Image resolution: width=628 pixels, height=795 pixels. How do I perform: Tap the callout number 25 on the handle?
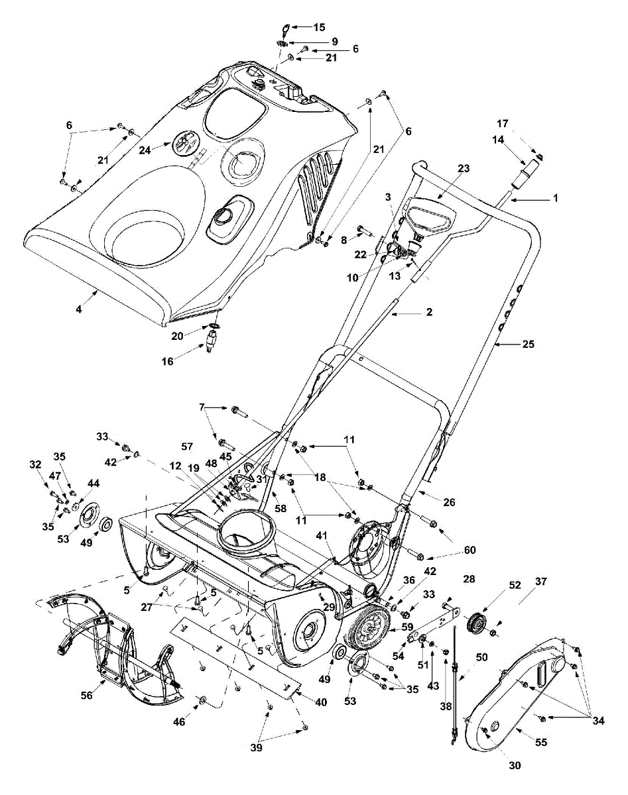pos(528,344)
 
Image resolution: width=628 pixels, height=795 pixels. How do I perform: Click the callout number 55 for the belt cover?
pos(541,743)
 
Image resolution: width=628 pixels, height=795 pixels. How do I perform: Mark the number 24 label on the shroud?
pos(145,150)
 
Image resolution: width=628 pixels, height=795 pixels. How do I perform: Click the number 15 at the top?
pos(319,27)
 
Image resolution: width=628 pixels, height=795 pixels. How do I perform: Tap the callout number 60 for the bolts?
pos(470,550)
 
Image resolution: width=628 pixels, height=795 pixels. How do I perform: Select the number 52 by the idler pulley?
pos(515,585)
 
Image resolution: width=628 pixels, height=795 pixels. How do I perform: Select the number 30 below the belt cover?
pos(515,765)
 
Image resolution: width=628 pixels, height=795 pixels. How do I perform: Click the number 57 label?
pos(186,447)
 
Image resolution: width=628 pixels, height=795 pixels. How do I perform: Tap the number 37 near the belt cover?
pos(541,582)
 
